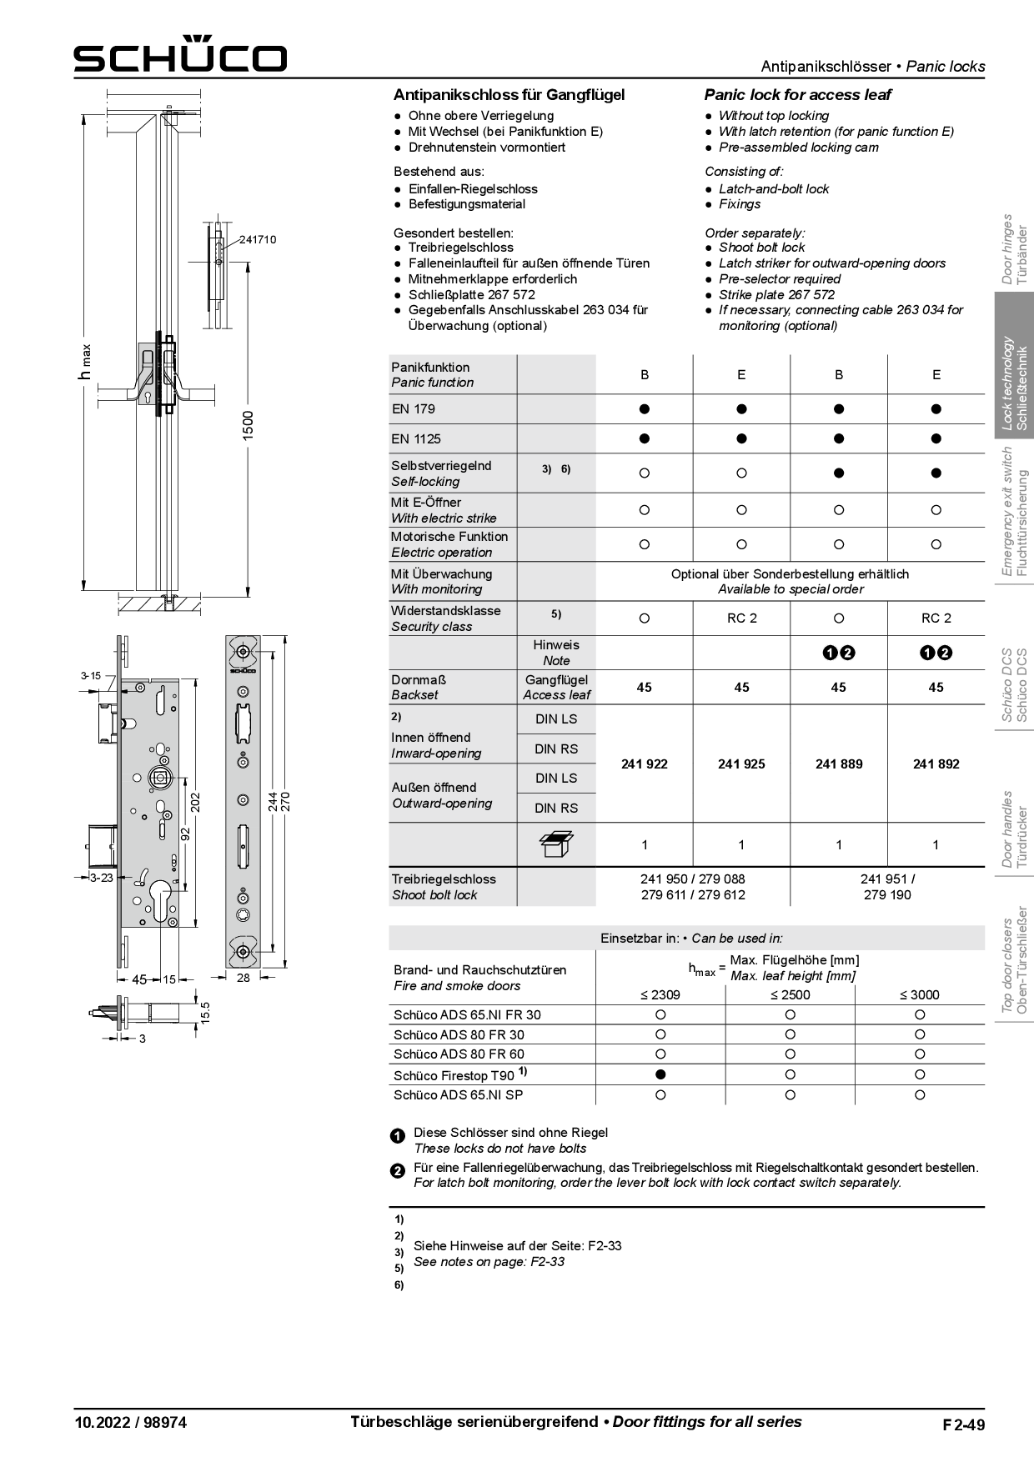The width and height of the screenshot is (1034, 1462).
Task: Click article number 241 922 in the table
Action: [644, 764]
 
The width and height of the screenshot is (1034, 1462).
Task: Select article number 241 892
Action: [936, 764]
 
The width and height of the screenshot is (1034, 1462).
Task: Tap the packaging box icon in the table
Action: [556, 844]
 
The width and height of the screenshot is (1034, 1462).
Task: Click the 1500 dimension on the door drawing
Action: [248, 428]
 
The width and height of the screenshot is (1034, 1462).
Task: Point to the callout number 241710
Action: [258, 240]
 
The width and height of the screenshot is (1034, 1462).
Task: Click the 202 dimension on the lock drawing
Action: [195, 802]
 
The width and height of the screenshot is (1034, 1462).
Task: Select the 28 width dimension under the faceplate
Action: [243, 978]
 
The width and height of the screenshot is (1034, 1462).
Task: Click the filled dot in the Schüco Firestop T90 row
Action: [660, 1075]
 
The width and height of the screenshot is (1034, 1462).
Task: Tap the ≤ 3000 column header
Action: [919, 994]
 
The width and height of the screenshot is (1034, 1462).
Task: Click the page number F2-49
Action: [963, 1424]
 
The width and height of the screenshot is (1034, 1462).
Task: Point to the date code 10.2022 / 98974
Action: [131, 1423]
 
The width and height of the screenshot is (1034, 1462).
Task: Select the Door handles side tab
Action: [1015, 829]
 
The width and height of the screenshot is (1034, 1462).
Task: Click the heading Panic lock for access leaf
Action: [797, 95]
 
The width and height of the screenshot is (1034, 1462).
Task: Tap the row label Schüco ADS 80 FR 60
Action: [459, 1054]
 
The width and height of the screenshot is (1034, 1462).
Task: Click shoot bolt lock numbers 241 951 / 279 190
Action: [886, 887]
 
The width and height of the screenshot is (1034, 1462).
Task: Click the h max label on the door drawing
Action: [85, 363]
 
